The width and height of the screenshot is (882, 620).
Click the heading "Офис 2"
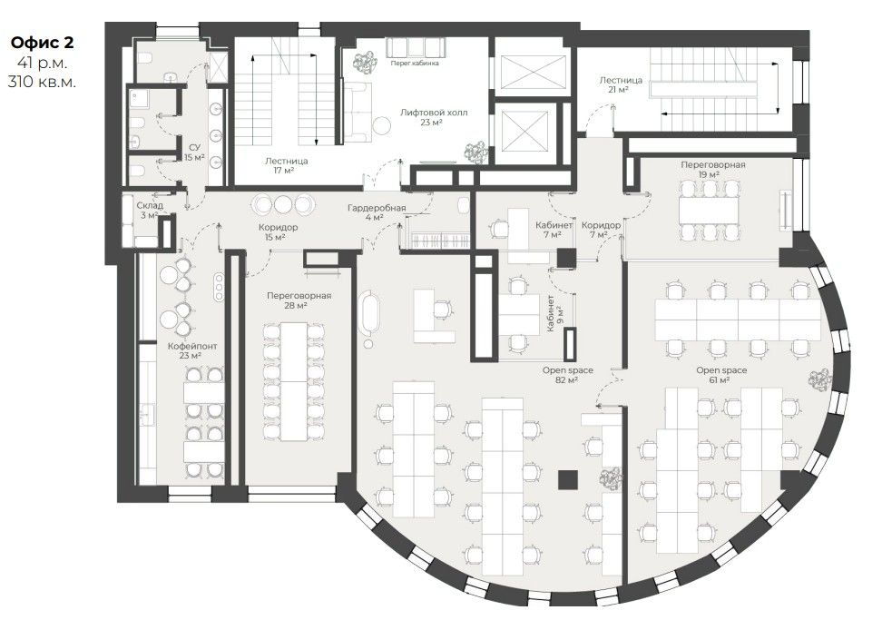click(42, 43)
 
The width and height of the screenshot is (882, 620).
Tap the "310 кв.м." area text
click(42, 82)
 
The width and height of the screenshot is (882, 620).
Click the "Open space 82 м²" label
click(567, 375)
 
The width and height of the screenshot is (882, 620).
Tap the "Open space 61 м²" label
click(721, 375)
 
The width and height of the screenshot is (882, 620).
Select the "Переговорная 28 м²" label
click(299, 300)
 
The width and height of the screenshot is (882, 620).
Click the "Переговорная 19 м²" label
click(712, 170)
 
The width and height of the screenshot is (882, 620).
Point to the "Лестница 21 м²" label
click(621, 84)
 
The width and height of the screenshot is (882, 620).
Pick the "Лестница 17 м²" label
click(287, 165)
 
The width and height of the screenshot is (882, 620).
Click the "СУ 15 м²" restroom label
click(194, 153)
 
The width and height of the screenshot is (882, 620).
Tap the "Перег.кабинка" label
click(415, 63)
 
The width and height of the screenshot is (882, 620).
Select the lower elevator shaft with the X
click(524, 132)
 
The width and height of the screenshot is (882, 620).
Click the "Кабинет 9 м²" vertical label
click(555, 313)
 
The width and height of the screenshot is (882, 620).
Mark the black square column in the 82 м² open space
click(568, 479)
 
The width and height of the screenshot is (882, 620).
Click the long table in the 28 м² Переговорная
click(294, 381)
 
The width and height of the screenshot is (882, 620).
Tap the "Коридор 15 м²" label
click(278, 232)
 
